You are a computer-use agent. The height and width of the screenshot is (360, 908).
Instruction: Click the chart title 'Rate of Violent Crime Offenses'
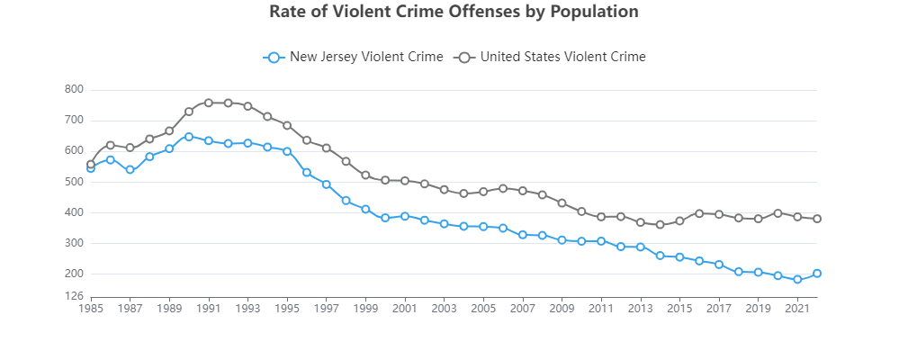(454, 12)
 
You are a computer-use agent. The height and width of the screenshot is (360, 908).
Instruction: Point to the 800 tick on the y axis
(74, 89)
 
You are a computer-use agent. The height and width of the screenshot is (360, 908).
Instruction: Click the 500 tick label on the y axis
(74, 182)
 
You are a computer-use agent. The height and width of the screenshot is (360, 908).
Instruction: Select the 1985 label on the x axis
(91, 309)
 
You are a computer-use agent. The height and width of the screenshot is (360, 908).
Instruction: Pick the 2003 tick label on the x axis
(444, 309)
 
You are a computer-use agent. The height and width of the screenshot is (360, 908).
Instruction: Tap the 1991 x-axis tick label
(209, 309)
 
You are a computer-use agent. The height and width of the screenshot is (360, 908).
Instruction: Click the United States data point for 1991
(209, 103)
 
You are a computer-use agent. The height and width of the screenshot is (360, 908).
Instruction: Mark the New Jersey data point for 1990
(189, 137)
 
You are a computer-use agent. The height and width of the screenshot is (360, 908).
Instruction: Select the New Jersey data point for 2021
(797, 280)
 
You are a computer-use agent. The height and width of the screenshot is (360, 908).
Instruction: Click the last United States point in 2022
(817, 219)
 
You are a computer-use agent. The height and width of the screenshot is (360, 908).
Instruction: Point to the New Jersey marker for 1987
(130, 169)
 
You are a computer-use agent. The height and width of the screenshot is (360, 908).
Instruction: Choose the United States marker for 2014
(660, 225)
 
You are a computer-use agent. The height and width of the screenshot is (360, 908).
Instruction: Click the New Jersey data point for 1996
(307, 173)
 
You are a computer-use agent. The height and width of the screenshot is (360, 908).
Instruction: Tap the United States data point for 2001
(405, 181)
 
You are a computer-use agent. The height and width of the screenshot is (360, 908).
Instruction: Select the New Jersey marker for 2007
(523, 235)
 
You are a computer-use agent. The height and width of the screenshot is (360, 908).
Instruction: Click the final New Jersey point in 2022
(817, 274)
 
